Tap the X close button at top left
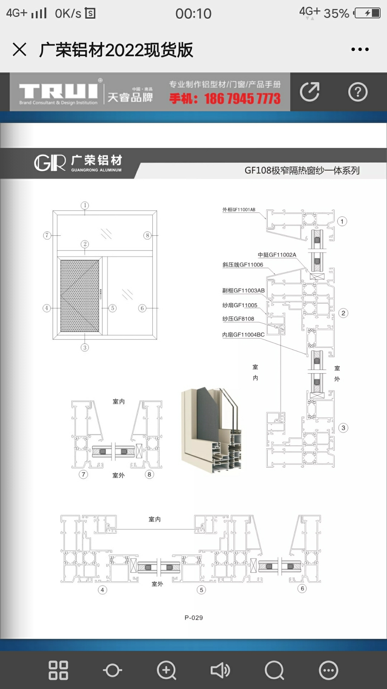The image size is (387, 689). click(x=19, y=50)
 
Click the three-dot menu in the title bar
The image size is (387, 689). click(x=360, y=50)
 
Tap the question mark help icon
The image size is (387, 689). click(x=358, y=92)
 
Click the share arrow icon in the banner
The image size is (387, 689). click(x=310, y=92)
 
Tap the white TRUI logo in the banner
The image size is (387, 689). click(x=58, y=92)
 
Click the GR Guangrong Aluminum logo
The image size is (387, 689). click(x=78, y=163)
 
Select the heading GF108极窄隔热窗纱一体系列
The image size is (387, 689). click(x=302, y=170)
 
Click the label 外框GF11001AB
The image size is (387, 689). click(x=239, y=210)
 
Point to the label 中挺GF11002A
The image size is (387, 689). click(x=277, y=255)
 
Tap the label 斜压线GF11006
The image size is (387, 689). click(x=243, y=265)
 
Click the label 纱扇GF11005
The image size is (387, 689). click(x=240, y=305)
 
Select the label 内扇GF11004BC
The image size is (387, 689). click(x=243, y=335)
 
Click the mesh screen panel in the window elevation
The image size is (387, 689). click(x=80, y=296)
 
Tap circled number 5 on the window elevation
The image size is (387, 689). click(x=113, y=308)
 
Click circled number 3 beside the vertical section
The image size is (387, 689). click(x=343, y=428)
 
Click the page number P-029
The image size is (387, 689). click(x=193, y=618)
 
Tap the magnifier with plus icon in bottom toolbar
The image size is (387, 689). click(x=166, y=670)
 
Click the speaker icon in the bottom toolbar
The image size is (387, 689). click(x=220, y=670)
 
